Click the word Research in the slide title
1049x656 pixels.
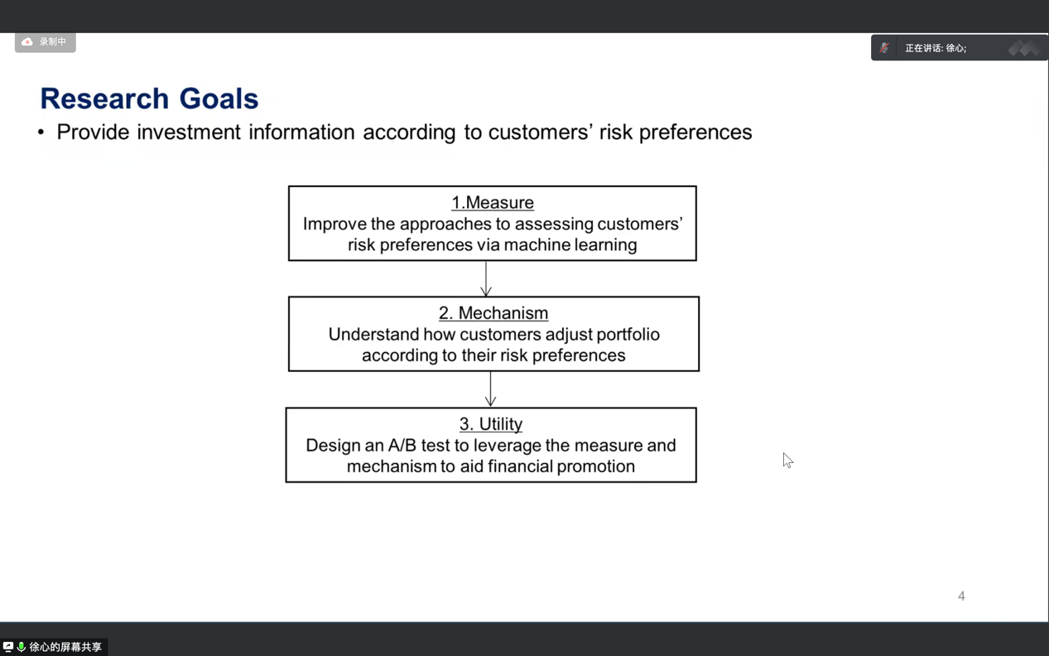[104, 99]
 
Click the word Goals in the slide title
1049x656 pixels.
[219, 99]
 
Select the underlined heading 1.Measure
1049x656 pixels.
[493, 202]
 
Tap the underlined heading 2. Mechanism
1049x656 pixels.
[493, 313]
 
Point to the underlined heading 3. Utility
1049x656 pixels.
[491, 424]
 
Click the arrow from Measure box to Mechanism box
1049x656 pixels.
[486, 278]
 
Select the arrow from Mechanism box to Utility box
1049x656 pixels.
[490, 389]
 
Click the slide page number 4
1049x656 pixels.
[961, 596]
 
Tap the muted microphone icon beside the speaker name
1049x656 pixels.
[884, 48]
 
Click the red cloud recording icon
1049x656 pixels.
[27, 41]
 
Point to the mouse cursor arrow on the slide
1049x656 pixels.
[787, 461]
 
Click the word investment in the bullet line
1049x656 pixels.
[189, 133]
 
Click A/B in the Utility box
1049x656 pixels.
[402, 445]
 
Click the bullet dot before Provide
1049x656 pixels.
[41, 133]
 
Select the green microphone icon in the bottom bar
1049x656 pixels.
[21, 647]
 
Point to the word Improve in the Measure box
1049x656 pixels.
[334, 224]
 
